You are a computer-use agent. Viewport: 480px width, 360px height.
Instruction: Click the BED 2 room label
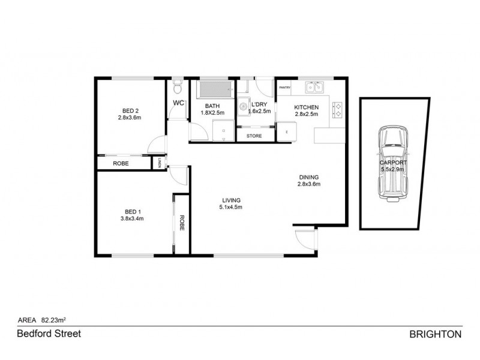pyautogui.click(x=131, y=110)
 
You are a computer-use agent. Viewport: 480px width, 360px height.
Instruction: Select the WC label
pyautogui.click(x=178, y=103)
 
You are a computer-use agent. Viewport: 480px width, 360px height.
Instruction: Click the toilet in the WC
pyautogui.click(x=176, y=89)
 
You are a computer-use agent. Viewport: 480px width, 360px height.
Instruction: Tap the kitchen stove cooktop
pyautogui.click(x=337, y=108)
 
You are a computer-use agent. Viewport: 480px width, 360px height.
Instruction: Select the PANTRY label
pyautogui.click(x=284, y=88)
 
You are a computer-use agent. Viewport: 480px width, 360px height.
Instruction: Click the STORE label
pyautogui.click(x=254, y=136)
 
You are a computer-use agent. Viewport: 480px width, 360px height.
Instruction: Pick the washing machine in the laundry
pyautogui.click(x=244, y=107)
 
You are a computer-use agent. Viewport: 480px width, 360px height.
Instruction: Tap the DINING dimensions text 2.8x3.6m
pyautogui.click(x=309, y=184)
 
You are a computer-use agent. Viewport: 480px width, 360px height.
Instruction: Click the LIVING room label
pyautogui.click(x=231, y=200)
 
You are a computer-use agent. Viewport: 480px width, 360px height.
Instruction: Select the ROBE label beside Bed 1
pyautogui.click(x=181, y=223)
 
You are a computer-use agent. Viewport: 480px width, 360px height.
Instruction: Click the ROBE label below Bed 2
pyautogui.click(x=122, y=163)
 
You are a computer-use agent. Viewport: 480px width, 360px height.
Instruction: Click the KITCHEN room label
pyautogui.click(x=305, y=107)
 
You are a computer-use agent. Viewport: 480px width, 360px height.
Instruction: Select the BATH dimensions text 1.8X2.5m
pyautogui.click(x=212, y=113)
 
